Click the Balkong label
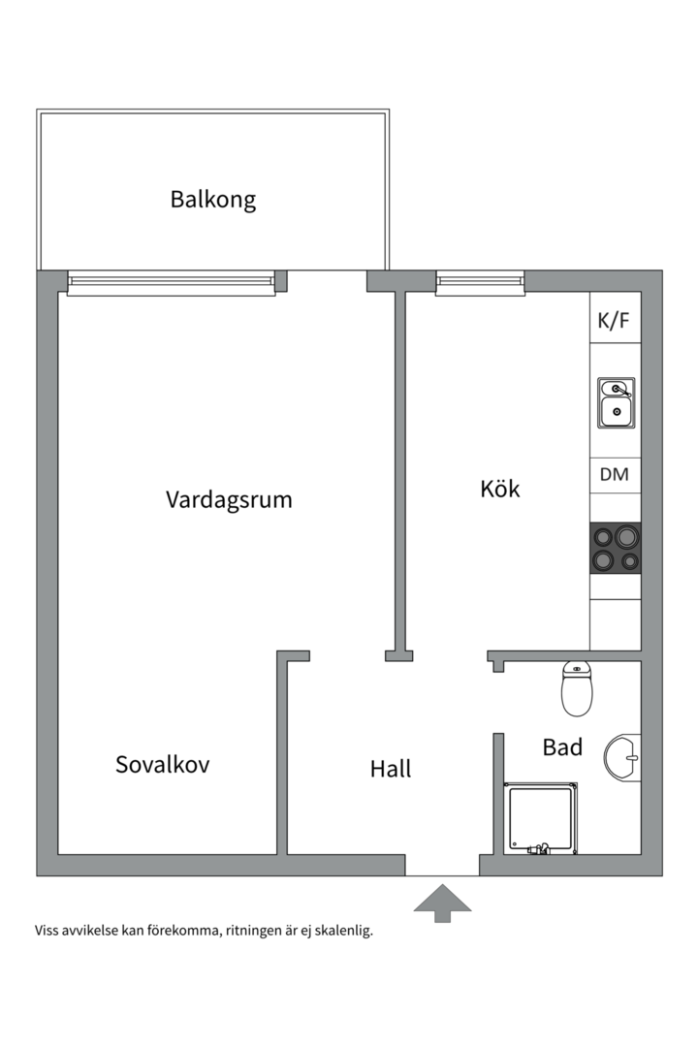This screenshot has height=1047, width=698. pyautogui.click(x=213, y=200)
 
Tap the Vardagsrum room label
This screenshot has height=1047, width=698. pyautogui.click(x=229, y=500)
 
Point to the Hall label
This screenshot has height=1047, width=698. pyautogui.click(x=391, y=769)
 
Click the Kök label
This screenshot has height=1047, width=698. pyautogui.click(x=500, y=489)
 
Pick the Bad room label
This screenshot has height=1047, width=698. pyautogui.click(x=562, y=747)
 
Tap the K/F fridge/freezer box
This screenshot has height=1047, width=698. pyautogui.click(x=615, y=322)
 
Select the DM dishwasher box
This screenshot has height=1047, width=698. pyautogui.click(x=615, y=475)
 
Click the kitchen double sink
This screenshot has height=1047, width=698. pyautogui.click(x=616, y=403)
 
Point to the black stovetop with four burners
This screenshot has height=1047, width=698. pyautogui.click(x=616, y=548)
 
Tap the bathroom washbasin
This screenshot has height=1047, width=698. pyautogui.click(x=623, y=755)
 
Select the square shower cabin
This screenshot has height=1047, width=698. pyautogui.click(x=540, y=819)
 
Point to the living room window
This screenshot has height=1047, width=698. pyautogui.click(x=172, y=282)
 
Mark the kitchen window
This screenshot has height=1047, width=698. pyautogui.click(x=480, y=282)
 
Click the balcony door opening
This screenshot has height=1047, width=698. pyautogui.click(x=327, y=282)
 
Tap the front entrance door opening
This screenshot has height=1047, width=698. pyautogui.click(x=442, y=866)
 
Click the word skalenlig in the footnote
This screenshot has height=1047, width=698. pyautogui.click(x=338, y=932)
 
